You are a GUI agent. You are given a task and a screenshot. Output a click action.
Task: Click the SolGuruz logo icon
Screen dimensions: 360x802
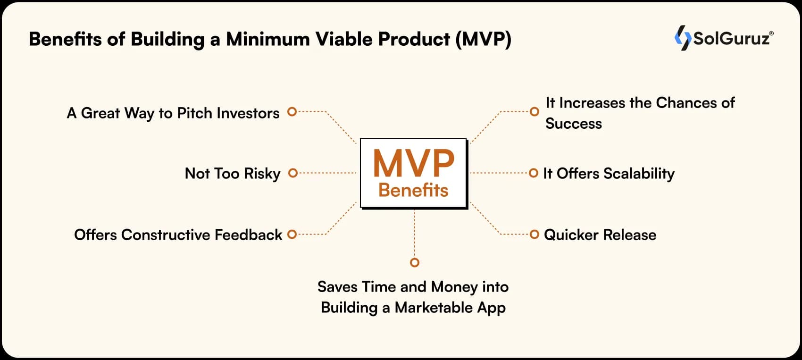pyautogui.click(x=683, y=38)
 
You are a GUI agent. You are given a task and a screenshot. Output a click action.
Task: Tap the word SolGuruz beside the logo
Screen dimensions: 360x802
pyautogui.click(x=731, y=38)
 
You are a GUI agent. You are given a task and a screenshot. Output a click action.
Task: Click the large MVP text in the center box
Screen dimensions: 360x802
pyautogui.click(x=414, y=163)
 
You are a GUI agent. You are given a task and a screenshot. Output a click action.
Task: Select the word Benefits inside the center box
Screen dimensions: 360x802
pyautogui.click(x=413, y=190)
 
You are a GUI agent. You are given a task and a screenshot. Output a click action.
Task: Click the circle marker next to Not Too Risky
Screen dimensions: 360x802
pyautogui.click(x=292, y=173)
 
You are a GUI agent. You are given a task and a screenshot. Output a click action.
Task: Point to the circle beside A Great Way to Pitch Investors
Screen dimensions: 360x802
pyautogui.click(x=292, y=112)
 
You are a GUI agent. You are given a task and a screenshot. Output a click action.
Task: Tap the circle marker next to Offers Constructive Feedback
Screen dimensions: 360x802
pyautogui.click(x=292, y=234)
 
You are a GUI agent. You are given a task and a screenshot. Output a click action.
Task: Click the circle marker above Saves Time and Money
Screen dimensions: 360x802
pyautogui.click(x=414, y=262)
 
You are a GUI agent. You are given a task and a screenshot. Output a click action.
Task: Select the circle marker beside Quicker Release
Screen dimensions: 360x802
pyautogui.click(x=534, y=234)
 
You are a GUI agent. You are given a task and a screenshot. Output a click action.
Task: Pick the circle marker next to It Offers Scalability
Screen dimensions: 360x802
pyautogui.click(x=533, y=173)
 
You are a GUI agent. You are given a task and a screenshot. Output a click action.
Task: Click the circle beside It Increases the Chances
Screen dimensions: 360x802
pyautogui.click(x=534, y=112)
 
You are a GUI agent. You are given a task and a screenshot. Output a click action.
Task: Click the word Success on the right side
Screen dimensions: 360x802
pyautogui.click(x=574, y=124)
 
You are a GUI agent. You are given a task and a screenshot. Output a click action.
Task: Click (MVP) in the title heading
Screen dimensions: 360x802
pyautogui.click(x=483, y=39)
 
